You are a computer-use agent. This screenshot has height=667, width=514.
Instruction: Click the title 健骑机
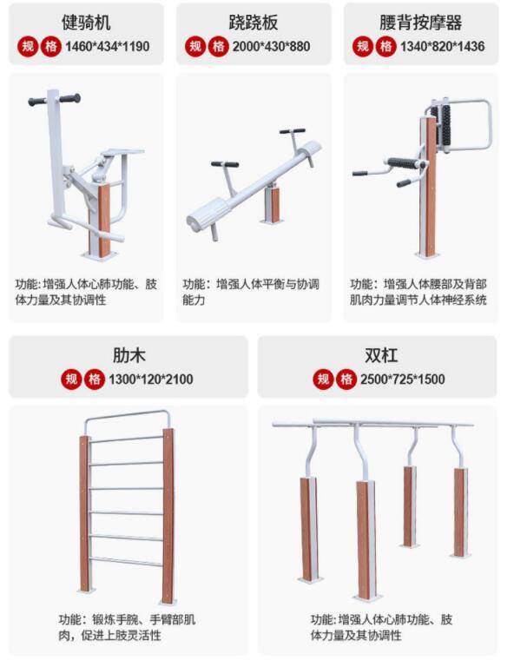pyautogui.click(x=86, y=22)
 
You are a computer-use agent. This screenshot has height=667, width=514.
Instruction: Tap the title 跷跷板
pyautogui.click(x=254, y=22)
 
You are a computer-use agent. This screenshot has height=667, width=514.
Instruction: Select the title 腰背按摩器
pyautogui.click(x=421, y=22)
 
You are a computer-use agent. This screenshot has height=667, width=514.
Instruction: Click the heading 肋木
pyautogui.click(x=128, y=355)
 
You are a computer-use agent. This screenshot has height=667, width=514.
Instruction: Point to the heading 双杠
pyautogui.click(x=381, y=355)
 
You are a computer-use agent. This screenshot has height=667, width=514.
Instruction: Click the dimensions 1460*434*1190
pyautogui.click(x=107, y=46)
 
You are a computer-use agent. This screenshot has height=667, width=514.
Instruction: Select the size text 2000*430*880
pyautogui.click(x=271, y=46)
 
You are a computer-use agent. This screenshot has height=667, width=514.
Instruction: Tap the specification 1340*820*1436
pyautogui.click(x=442, y=46)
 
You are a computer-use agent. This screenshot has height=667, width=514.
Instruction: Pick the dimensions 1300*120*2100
pyautogui.click(x=151, y=379)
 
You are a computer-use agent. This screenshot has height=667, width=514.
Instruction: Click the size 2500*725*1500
pyautogui.click(x=403, y=379)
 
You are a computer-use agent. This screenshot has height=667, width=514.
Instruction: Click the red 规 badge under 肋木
pyautogui.click(x=71, y=379)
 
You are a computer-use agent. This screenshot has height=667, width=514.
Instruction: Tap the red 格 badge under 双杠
pyautogui.click(x=346, y=379)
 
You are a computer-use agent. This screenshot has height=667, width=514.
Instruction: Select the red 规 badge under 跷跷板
pyautogui.click(x=195, y=46)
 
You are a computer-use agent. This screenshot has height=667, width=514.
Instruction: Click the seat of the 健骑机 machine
pyautogui.click(x=123, y=152)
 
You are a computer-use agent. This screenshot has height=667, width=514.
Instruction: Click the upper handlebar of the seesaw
pyautogui.click(x=293, y=131)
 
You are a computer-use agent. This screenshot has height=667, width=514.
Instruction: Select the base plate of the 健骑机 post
pyautogui.click(x=100, y=256)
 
